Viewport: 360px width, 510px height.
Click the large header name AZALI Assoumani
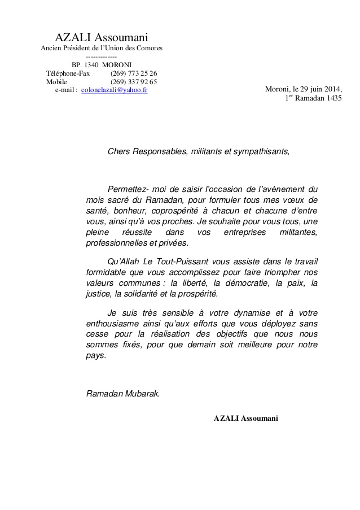102,38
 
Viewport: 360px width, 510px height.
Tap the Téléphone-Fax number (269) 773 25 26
134,73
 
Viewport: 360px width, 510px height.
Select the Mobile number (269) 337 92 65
134,82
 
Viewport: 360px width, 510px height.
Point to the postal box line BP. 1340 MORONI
102,65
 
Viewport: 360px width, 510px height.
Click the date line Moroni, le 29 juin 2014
303,89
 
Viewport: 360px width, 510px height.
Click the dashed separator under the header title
102,57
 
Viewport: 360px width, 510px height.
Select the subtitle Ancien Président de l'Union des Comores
102,48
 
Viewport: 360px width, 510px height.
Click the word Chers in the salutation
118,152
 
